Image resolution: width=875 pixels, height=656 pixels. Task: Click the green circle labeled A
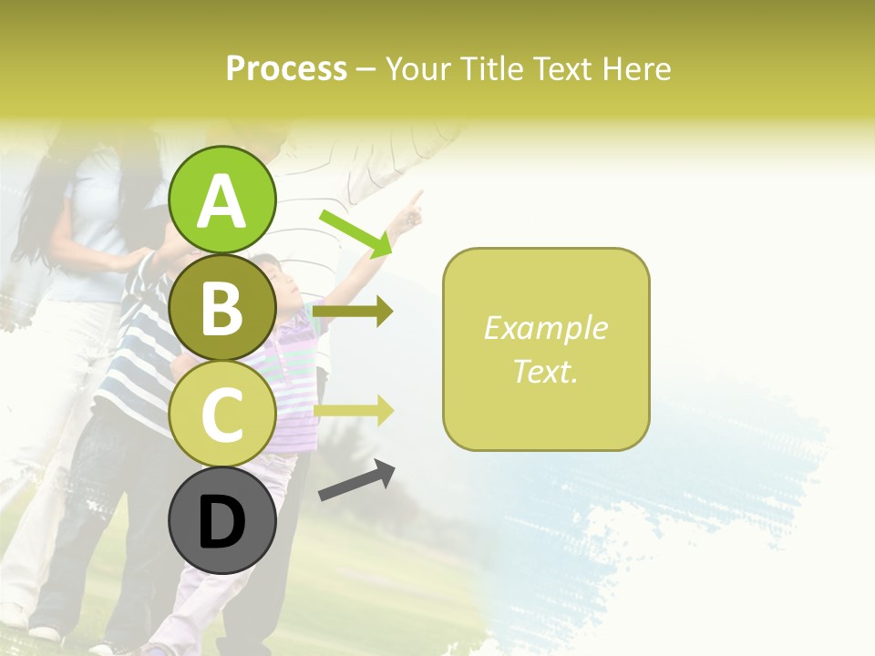(222, 200)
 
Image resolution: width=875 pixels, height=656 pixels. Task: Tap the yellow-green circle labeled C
(222, 414)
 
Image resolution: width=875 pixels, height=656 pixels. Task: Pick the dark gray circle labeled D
(222, 521)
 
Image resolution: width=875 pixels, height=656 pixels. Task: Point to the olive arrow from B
(354, 312)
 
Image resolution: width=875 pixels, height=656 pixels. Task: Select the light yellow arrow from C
(354, 411)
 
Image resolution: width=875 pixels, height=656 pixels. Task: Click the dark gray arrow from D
(356, 480)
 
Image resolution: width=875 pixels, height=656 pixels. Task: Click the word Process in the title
(286, 68)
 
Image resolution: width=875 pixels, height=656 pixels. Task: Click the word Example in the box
(545, 328)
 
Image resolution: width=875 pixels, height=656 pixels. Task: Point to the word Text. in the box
(545, 371)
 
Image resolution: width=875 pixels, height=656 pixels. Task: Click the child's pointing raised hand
(413, 207)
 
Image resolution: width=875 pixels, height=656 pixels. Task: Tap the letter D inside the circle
(222, 522)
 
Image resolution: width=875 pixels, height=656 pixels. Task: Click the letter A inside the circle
(222, 201)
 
